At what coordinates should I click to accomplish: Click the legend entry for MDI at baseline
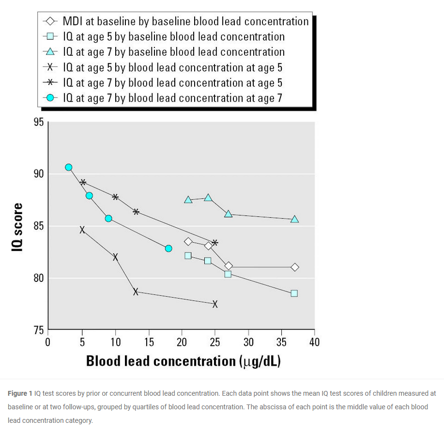pos(185,22)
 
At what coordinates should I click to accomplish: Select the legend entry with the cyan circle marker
pos(172,98)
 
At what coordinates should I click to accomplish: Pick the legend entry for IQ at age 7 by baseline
pos(174,52)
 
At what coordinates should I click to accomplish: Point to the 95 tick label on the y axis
pos(38,123)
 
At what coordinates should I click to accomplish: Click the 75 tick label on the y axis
pos(38,330)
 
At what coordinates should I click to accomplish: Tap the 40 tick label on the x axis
pos(314,342)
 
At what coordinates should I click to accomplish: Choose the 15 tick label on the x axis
pos(149,342)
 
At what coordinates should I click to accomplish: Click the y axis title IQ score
pos(18,227)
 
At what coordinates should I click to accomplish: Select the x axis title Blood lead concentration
pos(184,361)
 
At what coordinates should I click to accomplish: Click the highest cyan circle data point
pos(69,167)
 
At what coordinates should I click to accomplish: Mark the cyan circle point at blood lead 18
pos(168,248)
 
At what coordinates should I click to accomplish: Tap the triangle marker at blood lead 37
pos(295,219)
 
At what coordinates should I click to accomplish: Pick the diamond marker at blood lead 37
pos(295,267)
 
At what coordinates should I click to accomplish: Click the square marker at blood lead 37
pos(294,293)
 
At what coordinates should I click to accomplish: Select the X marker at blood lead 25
pos(215,304)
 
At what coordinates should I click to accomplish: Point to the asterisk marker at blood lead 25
pos(215,243)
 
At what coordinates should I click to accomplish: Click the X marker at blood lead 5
pos(82,230)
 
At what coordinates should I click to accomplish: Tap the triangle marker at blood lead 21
pos(188,200)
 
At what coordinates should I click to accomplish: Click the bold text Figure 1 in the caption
pos(20,393)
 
